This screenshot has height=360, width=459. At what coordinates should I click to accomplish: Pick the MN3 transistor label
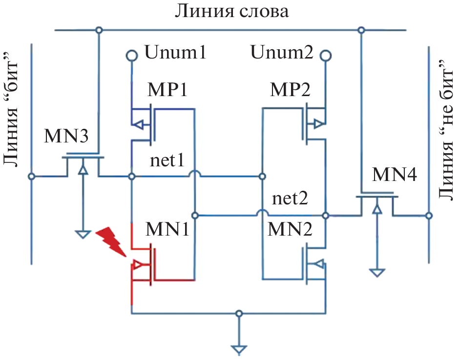(66, 136)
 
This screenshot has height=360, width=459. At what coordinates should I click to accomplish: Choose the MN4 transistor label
(395, 174)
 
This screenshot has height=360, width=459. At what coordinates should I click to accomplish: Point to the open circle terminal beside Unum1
(131, 55)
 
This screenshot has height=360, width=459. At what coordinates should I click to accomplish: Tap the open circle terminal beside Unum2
(325, 55)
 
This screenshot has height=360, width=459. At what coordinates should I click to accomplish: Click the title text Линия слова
(231, 11)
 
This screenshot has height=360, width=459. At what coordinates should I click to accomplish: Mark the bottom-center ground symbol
(239, 349)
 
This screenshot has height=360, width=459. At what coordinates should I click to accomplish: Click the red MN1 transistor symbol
(144, 266)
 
